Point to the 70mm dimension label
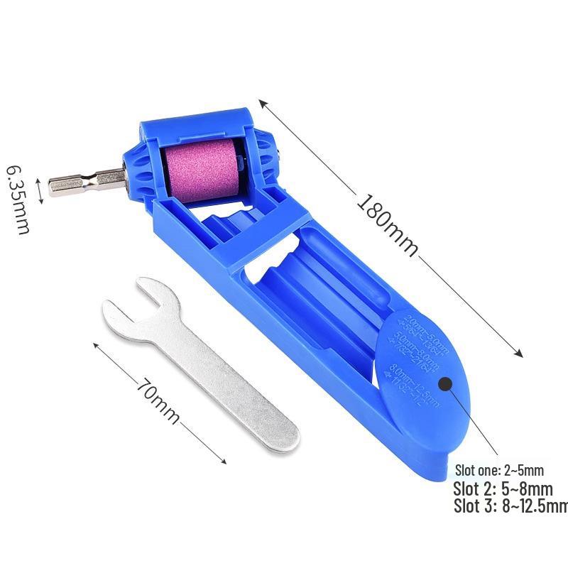click(x=158, y=400)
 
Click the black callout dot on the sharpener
click(x=447, y=384)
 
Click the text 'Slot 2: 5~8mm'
click(x=503, y=488)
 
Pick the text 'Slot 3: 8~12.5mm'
click(x=510, y=506)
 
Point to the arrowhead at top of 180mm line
click(x=262, y=103)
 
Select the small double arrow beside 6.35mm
click(x=40, y=193)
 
